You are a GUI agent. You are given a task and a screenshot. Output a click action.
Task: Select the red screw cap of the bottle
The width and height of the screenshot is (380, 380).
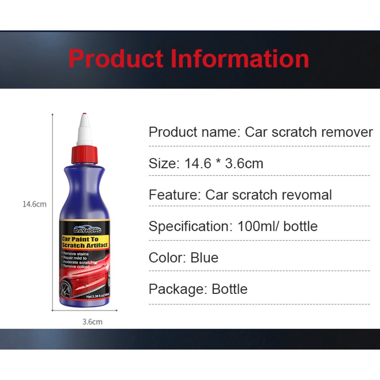click(85, 155)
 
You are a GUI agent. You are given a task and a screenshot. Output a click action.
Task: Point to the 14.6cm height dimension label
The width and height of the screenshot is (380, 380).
click(35, 204)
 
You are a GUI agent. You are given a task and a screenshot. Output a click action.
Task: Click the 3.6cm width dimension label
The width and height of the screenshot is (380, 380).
click(92, 322)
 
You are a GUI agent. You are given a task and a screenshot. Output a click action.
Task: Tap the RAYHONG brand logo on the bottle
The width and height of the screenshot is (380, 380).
click(87, 229)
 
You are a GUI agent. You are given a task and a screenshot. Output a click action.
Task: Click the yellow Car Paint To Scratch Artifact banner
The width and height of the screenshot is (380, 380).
click(85, 242)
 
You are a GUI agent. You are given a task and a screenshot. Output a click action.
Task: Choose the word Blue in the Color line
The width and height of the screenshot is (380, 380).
click(204, 258)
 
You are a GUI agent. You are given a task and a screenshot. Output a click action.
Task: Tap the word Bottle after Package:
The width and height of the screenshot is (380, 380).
click(229, 289)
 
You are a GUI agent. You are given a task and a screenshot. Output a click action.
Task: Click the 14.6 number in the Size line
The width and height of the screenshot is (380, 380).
click(198, 163)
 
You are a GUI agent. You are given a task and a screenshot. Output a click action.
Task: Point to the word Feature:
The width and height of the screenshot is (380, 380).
click(175, 195)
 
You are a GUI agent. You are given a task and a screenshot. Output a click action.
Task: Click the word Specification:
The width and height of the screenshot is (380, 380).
click(191, 226)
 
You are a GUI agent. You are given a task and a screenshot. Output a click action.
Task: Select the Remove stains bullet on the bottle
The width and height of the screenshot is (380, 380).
click(75, 254)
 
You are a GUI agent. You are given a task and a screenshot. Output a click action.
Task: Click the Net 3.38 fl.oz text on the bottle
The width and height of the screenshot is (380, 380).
click(98, 296)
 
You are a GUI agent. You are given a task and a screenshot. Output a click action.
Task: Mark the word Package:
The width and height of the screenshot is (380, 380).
click(178, 289)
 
